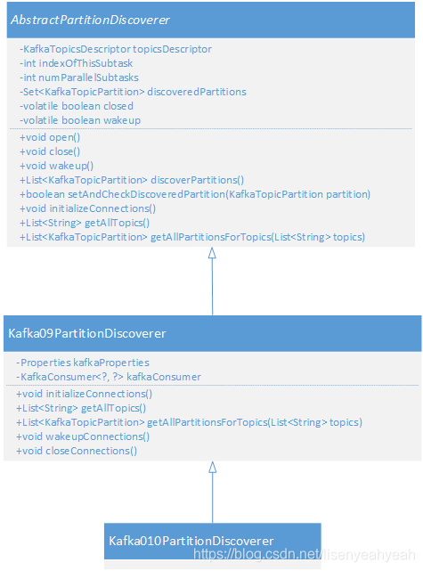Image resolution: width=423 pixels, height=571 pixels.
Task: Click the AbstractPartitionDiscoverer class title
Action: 90,20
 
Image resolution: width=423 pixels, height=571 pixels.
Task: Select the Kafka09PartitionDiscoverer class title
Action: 87,333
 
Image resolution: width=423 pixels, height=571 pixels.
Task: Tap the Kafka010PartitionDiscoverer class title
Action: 191,541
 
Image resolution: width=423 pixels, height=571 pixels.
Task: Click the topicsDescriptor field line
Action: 116,49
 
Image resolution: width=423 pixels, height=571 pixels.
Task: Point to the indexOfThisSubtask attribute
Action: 76,63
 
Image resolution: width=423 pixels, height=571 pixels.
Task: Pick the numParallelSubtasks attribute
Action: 79,77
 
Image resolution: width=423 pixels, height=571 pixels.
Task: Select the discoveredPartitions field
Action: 133,92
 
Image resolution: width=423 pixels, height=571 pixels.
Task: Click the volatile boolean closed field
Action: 77,106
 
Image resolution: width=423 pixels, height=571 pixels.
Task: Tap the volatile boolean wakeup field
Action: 80,120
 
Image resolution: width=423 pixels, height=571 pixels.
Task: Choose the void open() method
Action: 50,137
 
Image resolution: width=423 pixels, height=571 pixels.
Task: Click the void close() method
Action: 50,151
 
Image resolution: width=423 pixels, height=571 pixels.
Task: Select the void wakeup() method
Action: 56,166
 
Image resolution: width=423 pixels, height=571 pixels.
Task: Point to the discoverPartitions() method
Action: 132,180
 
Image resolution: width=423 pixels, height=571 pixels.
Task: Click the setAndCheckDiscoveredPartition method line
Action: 195,194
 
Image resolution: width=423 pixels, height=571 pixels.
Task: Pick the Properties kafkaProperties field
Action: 83,363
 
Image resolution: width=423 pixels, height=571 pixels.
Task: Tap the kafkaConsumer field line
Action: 109,377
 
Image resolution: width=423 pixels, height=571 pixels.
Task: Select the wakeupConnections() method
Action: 83,436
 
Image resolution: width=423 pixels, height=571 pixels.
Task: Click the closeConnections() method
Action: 77,451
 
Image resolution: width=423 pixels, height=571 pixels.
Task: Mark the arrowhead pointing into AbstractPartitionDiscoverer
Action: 212,253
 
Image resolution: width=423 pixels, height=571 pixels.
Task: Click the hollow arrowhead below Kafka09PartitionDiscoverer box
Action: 213,467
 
